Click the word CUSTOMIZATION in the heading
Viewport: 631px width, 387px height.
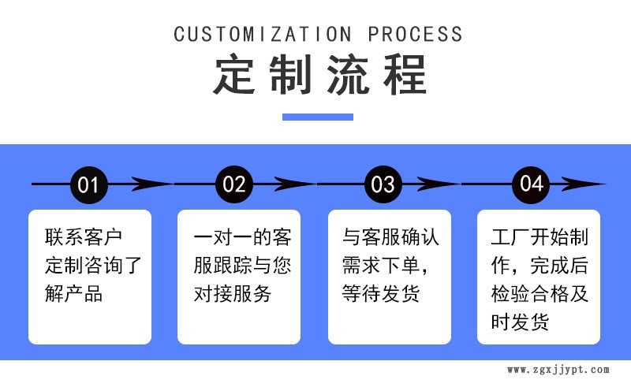point(262,34)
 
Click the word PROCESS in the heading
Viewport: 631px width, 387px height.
point(416,34)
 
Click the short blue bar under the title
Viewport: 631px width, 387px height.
point(317,117)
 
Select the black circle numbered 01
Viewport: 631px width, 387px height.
point(88,184)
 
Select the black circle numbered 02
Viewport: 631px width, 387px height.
point(234,184)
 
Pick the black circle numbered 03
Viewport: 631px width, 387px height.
point(383,184)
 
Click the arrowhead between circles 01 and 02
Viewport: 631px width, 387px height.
point(150,184)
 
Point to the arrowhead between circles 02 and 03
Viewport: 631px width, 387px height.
point(296,184)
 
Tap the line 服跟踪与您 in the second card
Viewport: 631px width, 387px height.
point(242,266)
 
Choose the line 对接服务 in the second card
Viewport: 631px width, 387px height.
point(233,294)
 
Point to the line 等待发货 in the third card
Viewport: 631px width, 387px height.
point(381,294)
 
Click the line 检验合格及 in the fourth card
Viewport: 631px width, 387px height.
point(540,294)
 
